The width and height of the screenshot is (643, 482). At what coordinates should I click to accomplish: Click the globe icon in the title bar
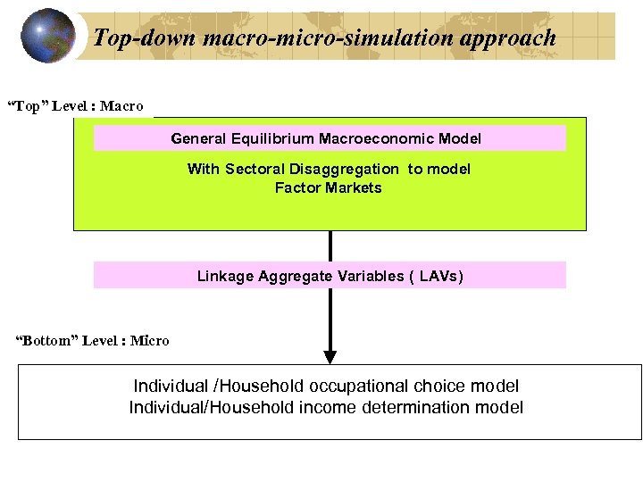[x=47, y=36]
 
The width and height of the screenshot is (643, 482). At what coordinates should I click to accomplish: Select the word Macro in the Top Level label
[x=121, y=106]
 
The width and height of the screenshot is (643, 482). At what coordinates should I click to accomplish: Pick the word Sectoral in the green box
[x=255, y=169]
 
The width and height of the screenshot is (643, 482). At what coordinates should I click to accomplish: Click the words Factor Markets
[x=328, y=187]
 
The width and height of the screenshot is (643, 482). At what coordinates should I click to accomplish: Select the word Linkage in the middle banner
[x=225, y=276]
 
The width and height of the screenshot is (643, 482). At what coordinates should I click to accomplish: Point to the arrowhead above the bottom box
[x=330, y=357]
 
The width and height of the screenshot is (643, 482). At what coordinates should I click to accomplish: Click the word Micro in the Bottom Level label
[x=149, y=340]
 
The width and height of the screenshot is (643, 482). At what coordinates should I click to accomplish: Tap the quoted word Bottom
[x=49, y=340]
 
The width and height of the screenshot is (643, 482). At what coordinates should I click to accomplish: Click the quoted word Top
[x=28, y=106]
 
